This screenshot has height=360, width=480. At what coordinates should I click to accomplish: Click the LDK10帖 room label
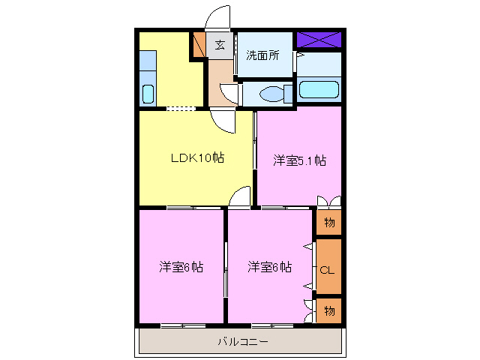196,158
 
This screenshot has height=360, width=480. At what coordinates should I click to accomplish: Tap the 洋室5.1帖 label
298,160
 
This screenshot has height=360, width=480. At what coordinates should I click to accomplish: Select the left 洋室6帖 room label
180,266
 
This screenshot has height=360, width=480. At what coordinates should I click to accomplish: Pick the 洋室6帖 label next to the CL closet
270,266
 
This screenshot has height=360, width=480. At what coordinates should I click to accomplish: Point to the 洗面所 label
262,55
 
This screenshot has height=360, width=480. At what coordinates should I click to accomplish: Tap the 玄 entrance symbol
220,45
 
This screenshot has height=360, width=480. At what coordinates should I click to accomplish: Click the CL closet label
328,268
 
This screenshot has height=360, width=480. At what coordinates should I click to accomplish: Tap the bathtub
319,90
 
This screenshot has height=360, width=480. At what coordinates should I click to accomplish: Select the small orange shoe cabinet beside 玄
199,45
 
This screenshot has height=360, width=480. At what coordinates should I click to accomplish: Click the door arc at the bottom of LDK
239,197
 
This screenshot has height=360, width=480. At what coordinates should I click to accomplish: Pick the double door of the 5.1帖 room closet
328,201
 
